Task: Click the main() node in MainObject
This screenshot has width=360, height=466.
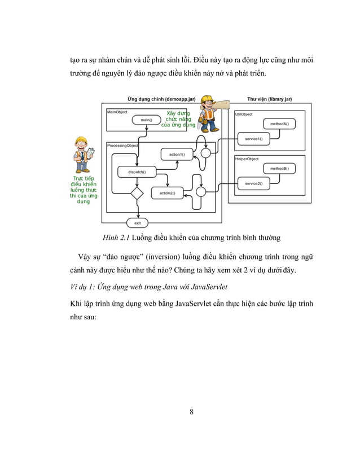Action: pos(147,120)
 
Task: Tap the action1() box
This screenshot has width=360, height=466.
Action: pos(176,154)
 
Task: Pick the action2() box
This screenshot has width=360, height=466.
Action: pos(167,193)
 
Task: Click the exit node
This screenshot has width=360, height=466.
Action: pos(137,223)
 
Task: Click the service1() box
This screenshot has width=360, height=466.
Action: pos(253,138)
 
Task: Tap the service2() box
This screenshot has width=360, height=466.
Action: pos(253,183)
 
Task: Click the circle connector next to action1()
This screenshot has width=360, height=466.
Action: pos(206,152)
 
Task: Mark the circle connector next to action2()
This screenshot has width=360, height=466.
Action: pos(200,192)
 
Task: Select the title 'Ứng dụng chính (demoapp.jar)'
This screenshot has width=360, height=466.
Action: pos(161,99)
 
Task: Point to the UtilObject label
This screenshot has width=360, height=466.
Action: pos(244,114)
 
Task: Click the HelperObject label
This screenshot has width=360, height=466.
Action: pos(247,159)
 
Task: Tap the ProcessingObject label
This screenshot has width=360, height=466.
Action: pos(122,146)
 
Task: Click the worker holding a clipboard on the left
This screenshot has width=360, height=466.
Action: pos(83,155)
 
